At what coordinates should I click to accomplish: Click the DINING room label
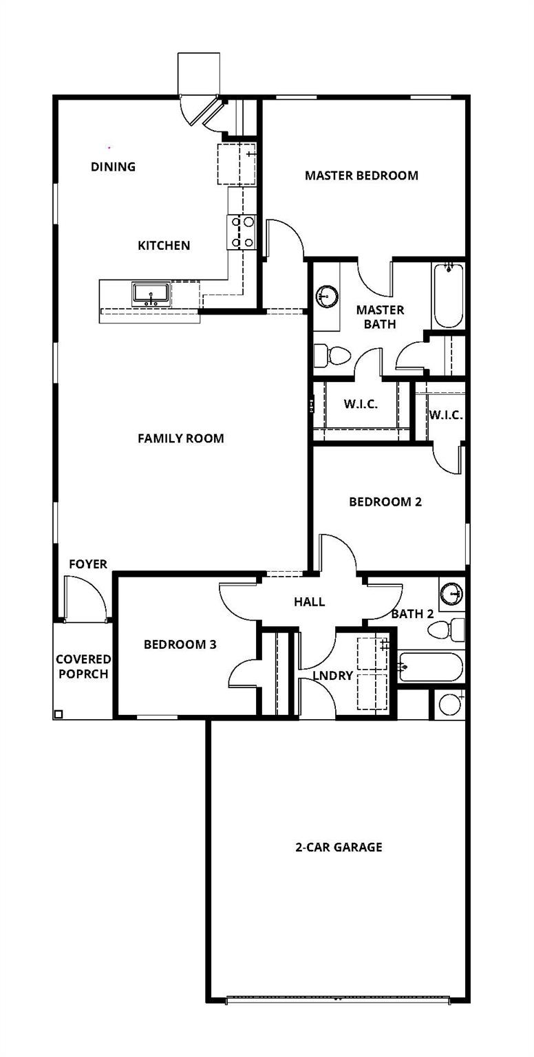113,167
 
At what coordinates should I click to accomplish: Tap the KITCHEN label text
164,246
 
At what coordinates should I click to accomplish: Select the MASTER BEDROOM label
361,175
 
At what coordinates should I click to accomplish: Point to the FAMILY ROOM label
180,438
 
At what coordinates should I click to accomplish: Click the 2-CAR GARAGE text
339,847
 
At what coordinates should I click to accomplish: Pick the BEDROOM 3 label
180,645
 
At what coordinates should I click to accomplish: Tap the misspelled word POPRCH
83,674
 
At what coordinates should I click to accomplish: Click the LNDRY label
332,676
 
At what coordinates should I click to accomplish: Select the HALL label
309,602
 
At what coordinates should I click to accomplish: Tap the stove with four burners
242,232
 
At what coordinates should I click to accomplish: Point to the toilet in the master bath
333,356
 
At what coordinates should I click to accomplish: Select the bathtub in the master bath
448,295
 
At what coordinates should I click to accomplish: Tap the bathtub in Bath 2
431,667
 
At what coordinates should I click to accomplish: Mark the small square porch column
58,714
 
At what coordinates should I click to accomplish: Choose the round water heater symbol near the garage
451,704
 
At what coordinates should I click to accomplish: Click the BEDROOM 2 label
385,502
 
